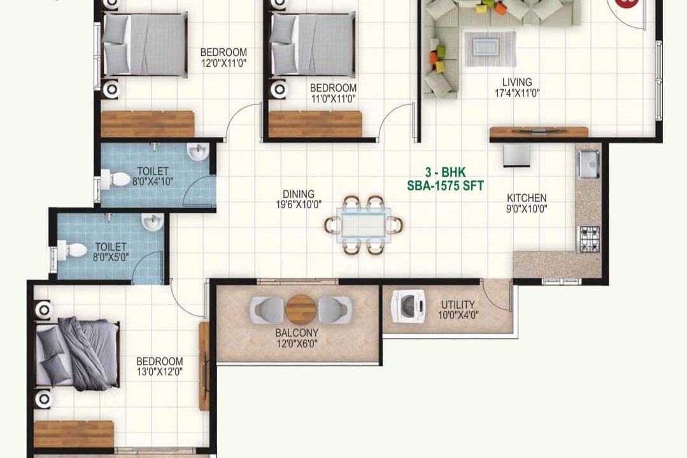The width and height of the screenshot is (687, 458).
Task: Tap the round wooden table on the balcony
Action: tap(301, 310)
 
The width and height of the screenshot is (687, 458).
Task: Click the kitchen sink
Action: tap(588, 163)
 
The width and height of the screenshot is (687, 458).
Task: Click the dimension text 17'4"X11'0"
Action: tap(517, 93)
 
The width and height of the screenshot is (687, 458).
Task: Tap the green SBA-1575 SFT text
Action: tap(445, 186)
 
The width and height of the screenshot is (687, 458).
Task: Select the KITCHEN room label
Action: tap(527, 198)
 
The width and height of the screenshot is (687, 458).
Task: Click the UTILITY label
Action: tap(458, 304)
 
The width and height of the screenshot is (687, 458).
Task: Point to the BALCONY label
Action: tap(297, 333)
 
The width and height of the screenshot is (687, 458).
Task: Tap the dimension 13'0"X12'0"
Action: tap(159, 372)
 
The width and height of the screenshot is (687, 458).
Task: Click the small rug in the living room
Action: tap(490, 48)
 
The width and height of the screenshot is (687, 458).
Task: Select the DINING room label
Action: tap(299, 193)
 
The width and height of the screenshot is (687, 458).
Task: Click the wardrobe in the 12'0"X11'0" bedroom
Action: tap(148, 124)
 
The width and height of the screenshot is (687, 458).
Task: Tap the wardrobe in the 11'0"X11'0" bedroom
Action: tap(315, 124)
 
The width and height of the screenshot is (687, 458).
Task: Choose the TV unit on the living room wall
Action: tap(539, 132)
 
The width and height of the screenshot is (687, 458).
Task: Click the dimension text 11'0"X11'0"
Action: tap(334, 99)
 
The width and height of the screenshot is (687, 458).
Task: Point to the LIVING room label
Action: tap(517, 82)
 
